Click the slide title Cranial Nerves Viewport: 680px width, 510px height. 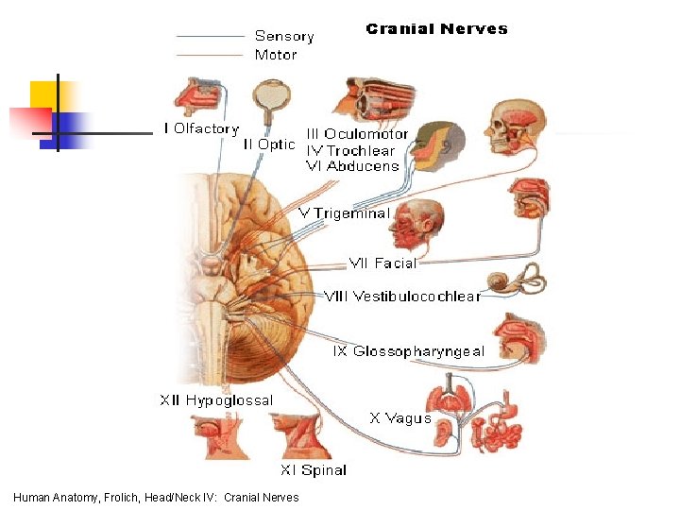436,28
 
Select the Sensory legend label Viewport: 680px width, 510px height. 284,36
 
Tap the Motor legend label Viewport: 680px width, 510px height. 276,54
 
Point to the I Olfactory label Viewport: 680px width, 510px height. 201,128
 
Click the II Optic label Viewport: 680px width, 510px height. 269,144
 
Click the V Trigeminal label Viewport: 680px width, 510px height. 344,213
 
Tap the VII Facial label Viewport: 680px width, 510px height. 382,263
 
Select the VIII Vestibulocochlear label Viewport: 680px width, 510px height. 402,296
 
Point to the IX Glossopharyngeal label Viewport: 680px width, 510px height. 409,351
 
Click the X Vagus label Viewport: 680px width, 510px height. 400,417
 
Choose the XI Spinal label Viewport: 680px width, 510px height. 314,469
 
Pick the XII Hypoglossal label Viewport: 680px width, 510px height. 216,400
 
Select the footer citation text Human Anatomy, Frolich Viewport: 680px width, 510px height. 156,498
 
